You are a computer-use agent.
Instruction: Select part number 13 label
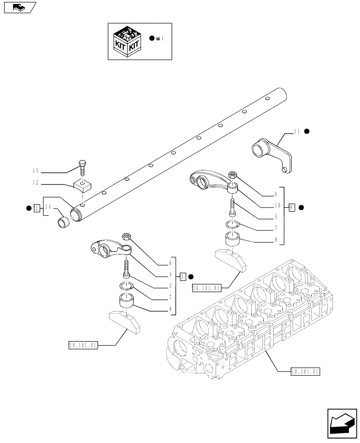tap(35, 171)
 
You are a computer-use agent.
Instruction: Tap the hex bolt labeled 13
tap(83, 168)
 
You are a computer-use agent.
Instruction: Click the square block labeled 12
tap(82, 184)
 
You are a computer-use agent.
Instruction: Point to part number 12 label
tap(35, 183)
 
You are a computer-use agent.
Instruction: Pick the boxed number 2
tap(38, 207)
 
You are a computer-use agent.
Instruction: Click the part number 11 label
tap(297, 132)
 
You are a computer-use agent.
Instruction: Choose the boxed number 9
tap(291, 207)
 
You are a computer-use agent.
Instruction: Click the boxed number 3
tap(183, 277)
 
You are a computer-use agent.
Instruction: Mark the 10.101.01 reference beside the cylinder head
tap(305, 371)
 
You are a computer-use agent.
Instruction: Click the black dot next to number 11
tap(306, 132)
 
